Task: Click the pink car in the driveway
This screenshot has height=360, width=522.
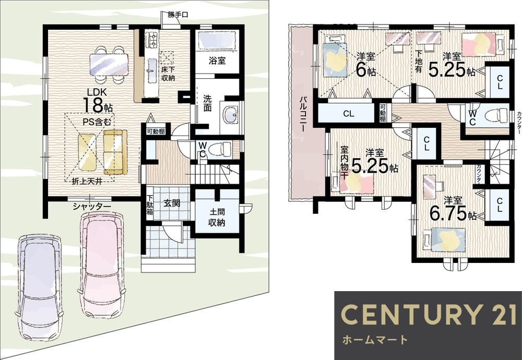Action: coord(101,265)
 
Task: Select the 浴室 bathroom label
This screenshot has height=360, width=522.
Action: coord(217,61)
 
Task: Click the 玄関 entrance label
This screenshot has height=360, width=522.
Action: coord(172,203)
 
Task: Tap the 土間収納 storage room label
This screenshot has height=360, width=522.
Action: coord(217,217)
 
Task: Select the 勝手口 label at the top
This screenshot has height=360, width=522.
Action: coord(178,15)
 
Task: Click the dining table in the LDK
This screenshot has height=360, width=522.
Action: coord(109,65)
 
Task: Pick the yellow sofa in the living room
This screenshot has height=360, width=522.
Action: coord(115,152)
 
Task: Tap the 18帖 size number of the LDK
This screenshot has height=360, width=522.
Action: coord(97,105)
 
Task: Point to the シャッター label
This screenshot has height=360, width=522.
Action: coord(92,207)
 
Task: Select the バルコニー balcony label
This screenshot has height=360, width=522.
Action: coord(303,114)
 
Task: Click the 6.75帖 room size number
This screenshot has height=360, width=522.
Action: coord(453,214)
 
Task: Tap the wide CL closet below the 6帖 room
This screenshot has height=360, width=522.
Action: coord(349,114)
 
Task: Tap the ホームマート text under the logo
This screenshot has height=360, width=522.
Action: coord(375,340)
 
